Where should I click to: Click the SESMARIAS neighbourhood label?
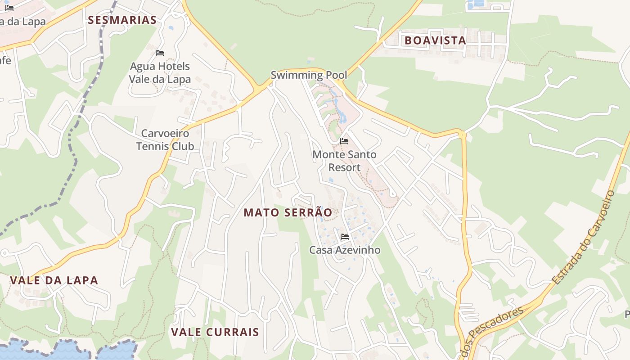point(122,20)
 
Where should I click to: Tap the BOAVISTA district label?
point(435,40)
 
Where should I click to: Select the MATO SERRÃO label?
point(288,212)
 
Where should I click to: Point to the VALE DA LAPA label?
point(54,280)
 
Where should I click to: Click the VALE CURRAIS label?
point(215,332)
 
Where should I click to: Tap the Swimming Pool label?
point(309,75)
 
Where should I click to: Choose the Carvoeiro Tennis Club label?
point(165,139)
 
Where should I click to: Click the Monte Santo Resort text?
point(344,161)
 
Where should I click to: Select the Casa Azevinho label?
point(345,250)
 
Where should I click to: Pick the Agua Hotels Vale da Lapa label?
point(160,73)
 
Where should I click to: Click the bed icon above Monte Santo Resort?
point(344,141)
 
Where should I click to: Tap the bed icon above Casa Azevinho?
point(345,237)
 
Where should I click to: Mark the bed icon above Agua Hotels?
point(159,53)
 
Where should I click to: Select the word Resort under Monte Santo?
point(344,167)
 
